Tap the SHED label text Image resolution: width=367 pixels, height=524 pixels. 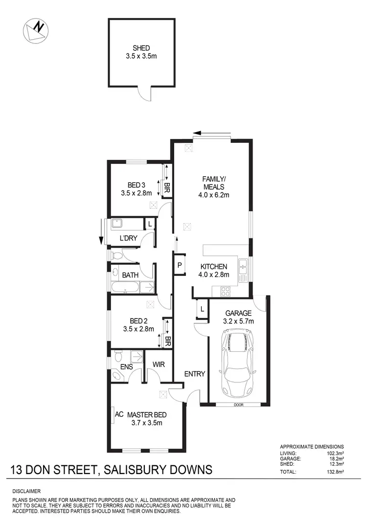[x=141, y=48]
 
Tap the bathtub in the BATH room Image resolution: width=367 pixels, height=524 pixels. [x=126, y=288]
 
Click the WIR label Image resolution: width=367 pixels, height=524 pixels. [x=159, y=365]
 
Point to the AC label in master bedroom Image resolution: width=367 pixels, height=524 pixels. [x=118, y=414]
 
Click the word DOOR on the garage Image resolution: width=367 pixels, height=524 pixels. [x=238, y=405]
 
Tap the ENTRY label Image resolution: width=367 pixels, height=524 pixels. [x=194, y=374]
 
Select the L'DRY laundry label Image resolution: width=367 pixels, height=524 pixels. [x=129, y=239]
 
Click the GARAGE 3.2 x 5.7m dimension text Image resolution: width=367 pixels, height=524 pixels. [x=238, y=321]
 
